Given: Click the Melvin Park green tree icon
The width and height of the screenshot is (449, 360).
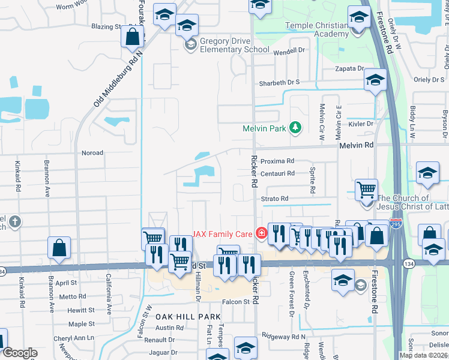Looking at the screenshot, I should pos(295,127).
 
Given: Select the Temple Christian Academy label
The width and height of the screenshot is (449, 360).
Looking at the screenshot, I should pos(316,29).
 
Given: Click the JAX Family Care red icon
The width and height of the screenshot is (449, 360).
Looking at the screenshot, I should pos(261,233).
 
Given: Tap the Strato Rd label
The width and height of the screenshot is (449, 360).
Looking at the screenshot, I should pos(275,198).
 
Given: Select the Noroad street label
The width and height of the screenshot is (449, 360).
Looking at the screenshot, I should pos(92,153).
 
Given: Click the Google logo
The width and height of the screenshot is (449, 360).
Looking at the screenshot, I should pos(20,353).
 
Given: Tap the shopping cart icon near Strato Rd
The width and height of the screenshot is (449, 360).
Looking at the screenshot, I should pos(366,191).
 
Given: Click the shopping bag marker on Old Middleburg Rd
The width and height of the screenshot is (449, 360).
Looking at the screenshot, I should pos(132,37).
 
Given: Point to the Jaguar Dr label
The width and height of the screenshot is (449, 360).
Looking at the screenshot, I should pos(164,352).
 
